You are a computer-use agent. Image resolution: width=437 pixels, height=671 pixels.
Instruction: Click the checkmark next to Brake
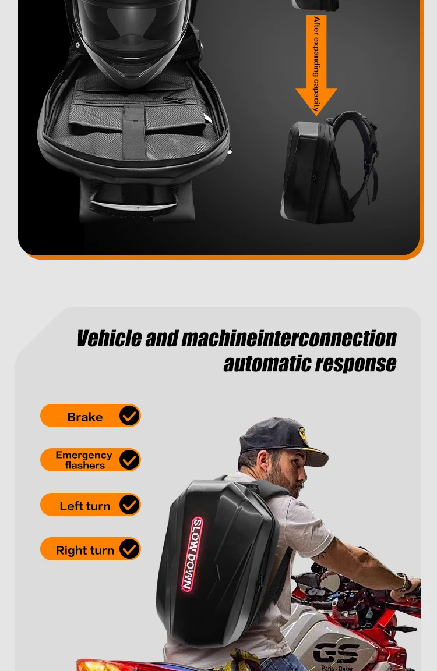[x=129, y=416]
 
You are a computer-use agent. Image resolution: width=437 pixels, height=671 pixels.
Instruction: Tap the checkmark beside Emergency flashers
[x=129, y=460]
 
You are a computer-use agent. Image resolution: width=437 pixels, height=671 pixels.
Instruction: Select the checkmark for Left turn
[x=129, y=505]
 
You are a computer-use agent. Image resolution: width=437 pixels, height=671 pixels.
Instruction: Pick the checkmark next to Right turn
[x=129, y=549]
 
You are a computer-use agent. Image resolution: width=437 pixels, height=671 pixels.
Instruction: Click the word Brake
[x=84, y=417]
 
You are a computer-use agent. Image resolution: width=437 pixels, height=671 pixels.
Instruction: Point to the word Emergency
[x=84, y=455]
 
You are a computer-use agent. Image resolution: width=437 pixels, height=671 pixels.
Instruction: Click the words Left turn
[x=84, y=506]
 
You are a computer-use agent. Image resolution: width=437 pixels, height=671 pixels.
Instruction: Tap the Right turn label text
[x=84, y=550]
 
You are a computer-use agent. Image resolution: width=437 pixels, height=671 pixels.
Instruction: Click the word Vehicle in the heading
[x=109, y=338]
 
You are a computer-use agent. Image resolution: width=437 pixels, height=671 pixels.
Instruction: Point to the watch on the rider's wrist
[x=404, y=581]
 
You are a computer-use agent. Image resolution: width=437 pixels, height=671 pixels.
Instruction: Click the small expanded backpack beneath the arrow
[x=326, y=169]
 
